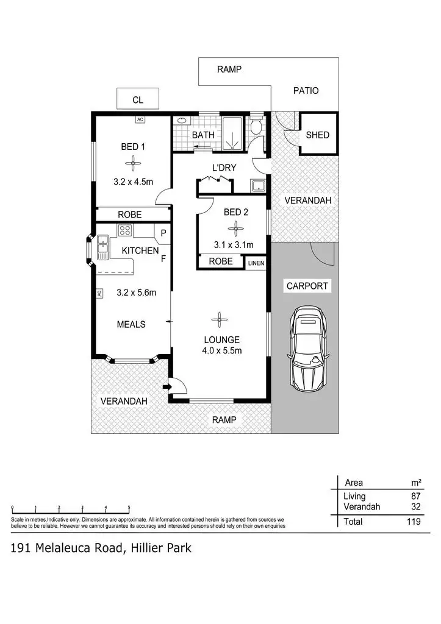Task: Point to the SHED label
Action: [317, 135]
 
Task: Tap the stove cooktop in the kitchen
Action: [125, 231]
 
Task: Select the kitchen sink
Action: [102, 247]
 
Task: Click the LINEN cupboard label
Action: [256, 263]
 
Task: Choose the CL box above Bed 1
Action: [138, 99]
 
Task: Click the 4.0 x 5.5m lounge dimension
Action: [223, 350]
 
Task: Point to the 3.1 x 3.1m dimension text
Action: [233, 246]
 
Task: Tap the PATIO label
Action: [306, 91]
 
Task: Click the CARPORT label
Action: [307, 286]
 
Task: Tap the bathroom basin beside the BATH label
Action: [181, 121]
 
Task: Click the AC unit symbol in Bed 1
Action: [140, 119]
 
